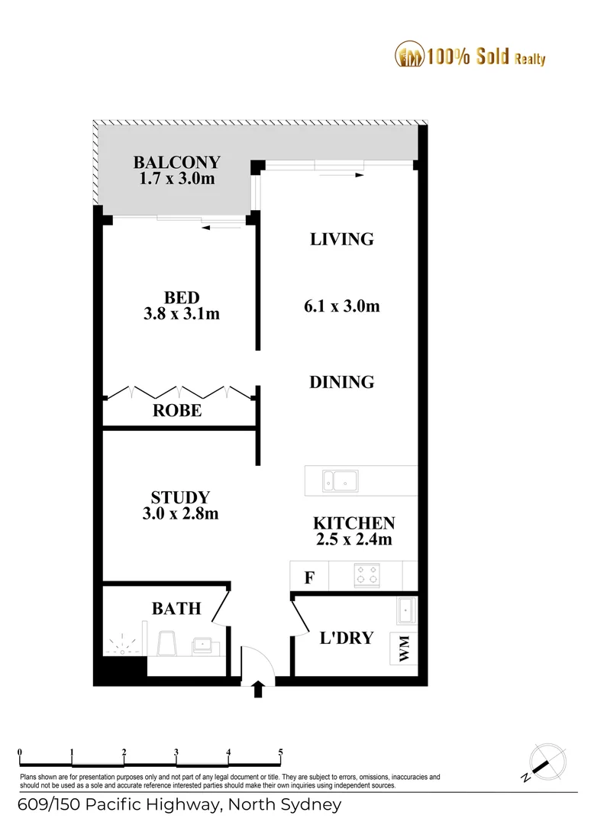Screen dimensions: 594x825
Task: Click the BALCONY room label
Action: click(x=176, y=162)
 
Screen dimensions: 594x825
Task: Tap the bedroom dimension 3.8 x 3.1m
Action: click(x=182, y=314)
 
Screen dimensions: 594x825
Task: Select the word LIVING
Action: click(x=342, y=239)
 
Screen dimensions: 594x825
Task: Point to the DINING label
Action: click(x=342, y=382)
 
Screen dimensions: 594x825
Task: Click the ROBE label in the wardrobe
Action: click(x=177, y=410)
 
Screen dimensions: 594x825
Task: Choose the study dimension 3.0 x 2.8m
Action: click(x=180, y=513)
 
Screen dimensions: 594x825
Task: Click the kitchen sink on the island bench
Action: click(x=340, y=481)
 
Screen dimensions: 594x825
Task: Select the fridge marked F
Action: click(x=310, y=577)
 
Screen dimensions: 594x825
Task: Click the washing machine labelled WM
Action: click(x=404, y=649)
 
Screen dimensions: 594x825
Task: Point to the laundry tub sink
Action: click(x=406, y=610)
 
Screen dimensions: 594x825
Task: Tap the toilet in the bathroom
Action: click(x=167, y=643)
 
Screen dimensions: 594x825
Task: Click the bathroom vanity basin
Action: click(x=202, y=645)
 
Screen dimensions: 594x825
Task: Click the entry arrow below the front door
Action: click(x=258, y=689)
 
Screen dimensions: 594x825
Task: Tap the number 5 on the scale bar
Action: click(x=281, y=752)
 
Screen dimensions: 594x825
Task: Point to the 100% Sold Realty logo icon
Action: click(x=409, y=54)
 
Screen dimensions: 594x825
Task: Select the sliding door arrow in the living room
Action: click(x=341, y=175)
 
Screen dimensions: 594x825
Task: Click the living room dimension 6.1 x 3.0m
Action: click(x=342, y=306)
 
